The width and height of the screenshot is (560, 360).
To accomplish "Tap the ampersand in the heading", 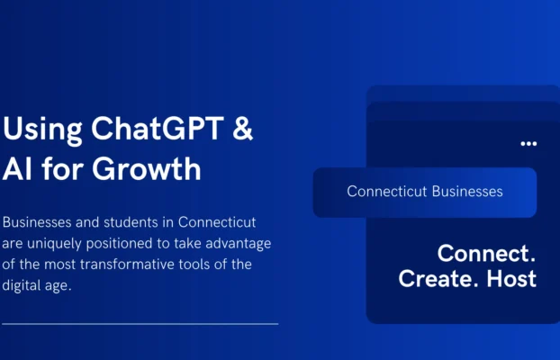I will tap(242, 129).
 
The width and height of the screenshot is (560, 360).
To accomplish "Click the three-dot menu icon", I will tap(528, 143).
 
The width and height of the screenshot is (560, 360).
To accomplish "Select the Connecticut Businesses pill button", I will tap(424, 192).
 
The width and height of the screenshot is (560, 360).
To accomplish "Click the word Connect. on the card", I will tap(486, 252).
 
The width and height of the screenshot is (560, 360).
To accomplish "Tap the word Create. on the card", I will tap(438, 278).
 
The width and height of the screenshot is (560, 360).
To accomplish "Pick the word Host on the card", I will tap(510, 278).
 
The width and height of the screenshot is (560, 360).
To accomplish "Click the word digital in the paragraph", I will tap(24, 287).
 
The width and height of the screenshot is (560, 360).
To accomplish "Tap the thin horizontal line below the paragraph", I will tap(140, 323).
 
